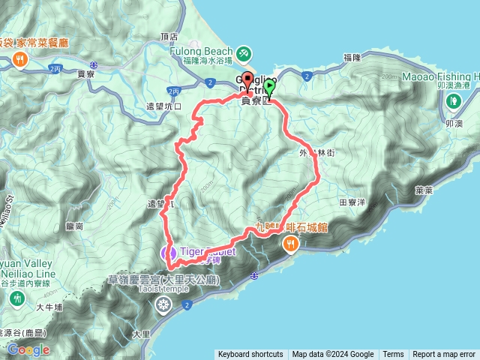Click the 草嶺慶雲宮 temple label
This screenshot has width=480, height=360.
(x=163, y=280)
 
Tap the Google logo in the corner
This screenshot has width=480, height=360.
(x=28, y=349)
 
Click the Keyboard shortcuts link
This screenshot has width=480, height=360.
(x=250, y=355)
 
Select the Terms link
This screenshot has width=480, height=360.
(x=393, y=355)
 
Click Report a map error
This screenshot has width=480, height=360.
(x=444, y=355)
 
